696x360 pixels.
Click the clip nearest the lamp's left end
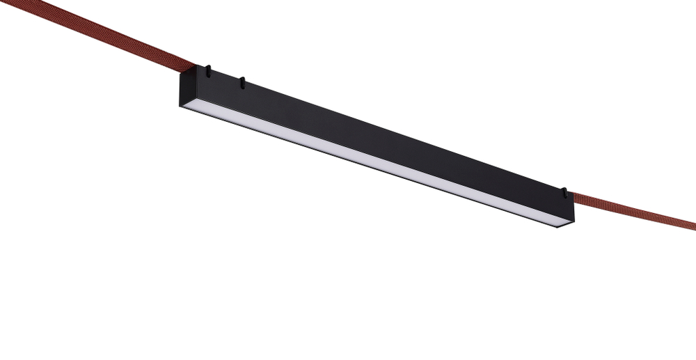207,70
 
